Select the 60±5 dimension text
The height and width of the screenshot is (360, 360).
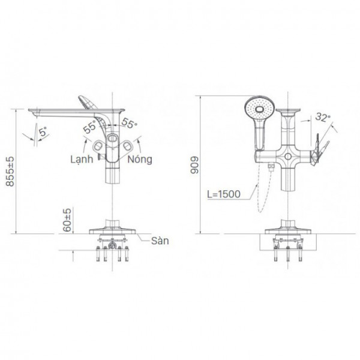tap(68, 220)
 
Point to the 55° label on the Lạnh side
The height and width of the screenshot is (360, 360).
tap(90, 127)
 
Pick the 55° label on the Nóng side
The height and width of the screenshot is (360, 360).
tap(129, 123)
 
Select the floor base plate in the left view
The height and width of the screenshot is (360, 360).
tap(113, 230)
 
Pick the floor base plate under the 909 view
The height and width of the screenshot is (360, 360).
tap(289, 232)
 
